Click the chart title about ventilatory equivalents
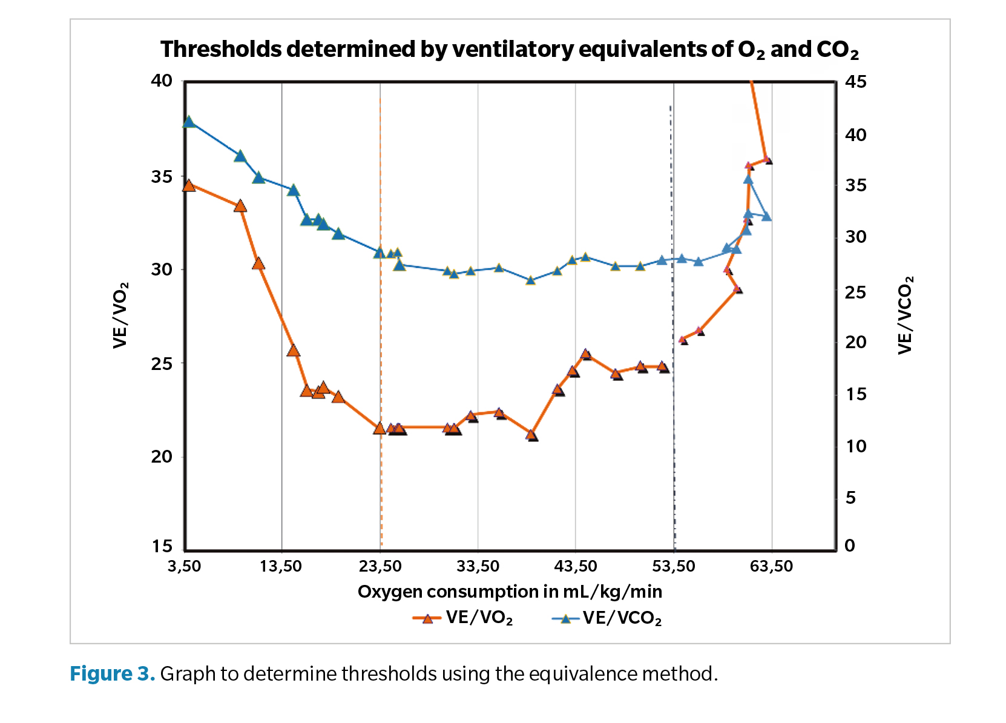(509, 50)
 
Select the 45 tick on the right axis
(855, 81)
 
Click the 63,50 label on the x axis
(771, 567)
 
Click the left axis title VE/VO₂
(121, 315)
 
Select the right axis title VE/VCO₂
(905, 315)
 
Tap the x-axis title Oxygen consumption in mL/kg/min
(510, 592)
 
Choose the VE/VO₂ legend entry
(463, 618)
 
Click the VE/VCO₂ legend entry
(607, 618)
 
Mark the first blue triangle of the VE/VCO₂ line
(188, 122)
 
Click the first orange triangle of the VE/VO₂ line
(188, 185)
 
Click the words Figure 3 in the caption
(112, 673)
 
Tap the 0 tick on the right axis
(849, 546)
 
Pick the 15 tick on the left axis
(162, 546)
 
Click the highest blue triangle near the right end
(748, 179)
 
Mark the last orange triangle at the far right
(767, 159)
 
